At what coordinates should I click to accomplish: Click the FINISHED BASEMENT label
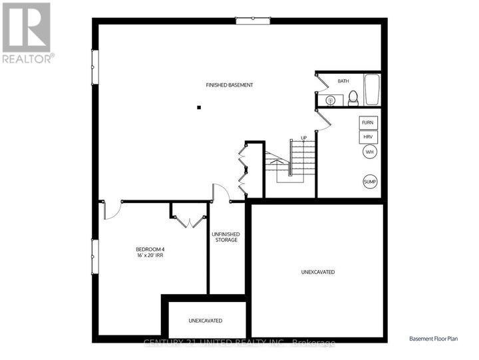229,85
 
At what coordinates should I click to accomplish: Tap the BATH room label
343,81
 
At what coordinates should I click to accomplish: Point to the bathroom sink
329,100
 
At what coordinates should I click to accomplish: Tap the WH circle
369,152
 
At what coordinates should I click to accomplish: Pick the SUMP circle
369,182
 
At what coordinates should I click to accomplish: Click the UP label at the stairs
303,138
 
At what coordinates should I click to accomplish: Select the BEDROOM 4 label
150,250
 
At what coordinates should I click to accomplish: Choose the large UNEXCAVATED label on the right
317,271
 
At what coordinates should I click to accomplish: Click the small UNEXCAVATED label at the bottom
206,321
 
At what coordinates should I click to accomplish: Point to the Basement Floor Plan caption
433,339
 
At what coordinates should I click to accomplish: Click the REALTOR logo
27,33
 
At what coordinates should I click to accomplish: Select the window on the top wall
253,21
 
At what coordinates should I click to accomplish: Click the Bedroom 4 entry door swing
111,210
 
